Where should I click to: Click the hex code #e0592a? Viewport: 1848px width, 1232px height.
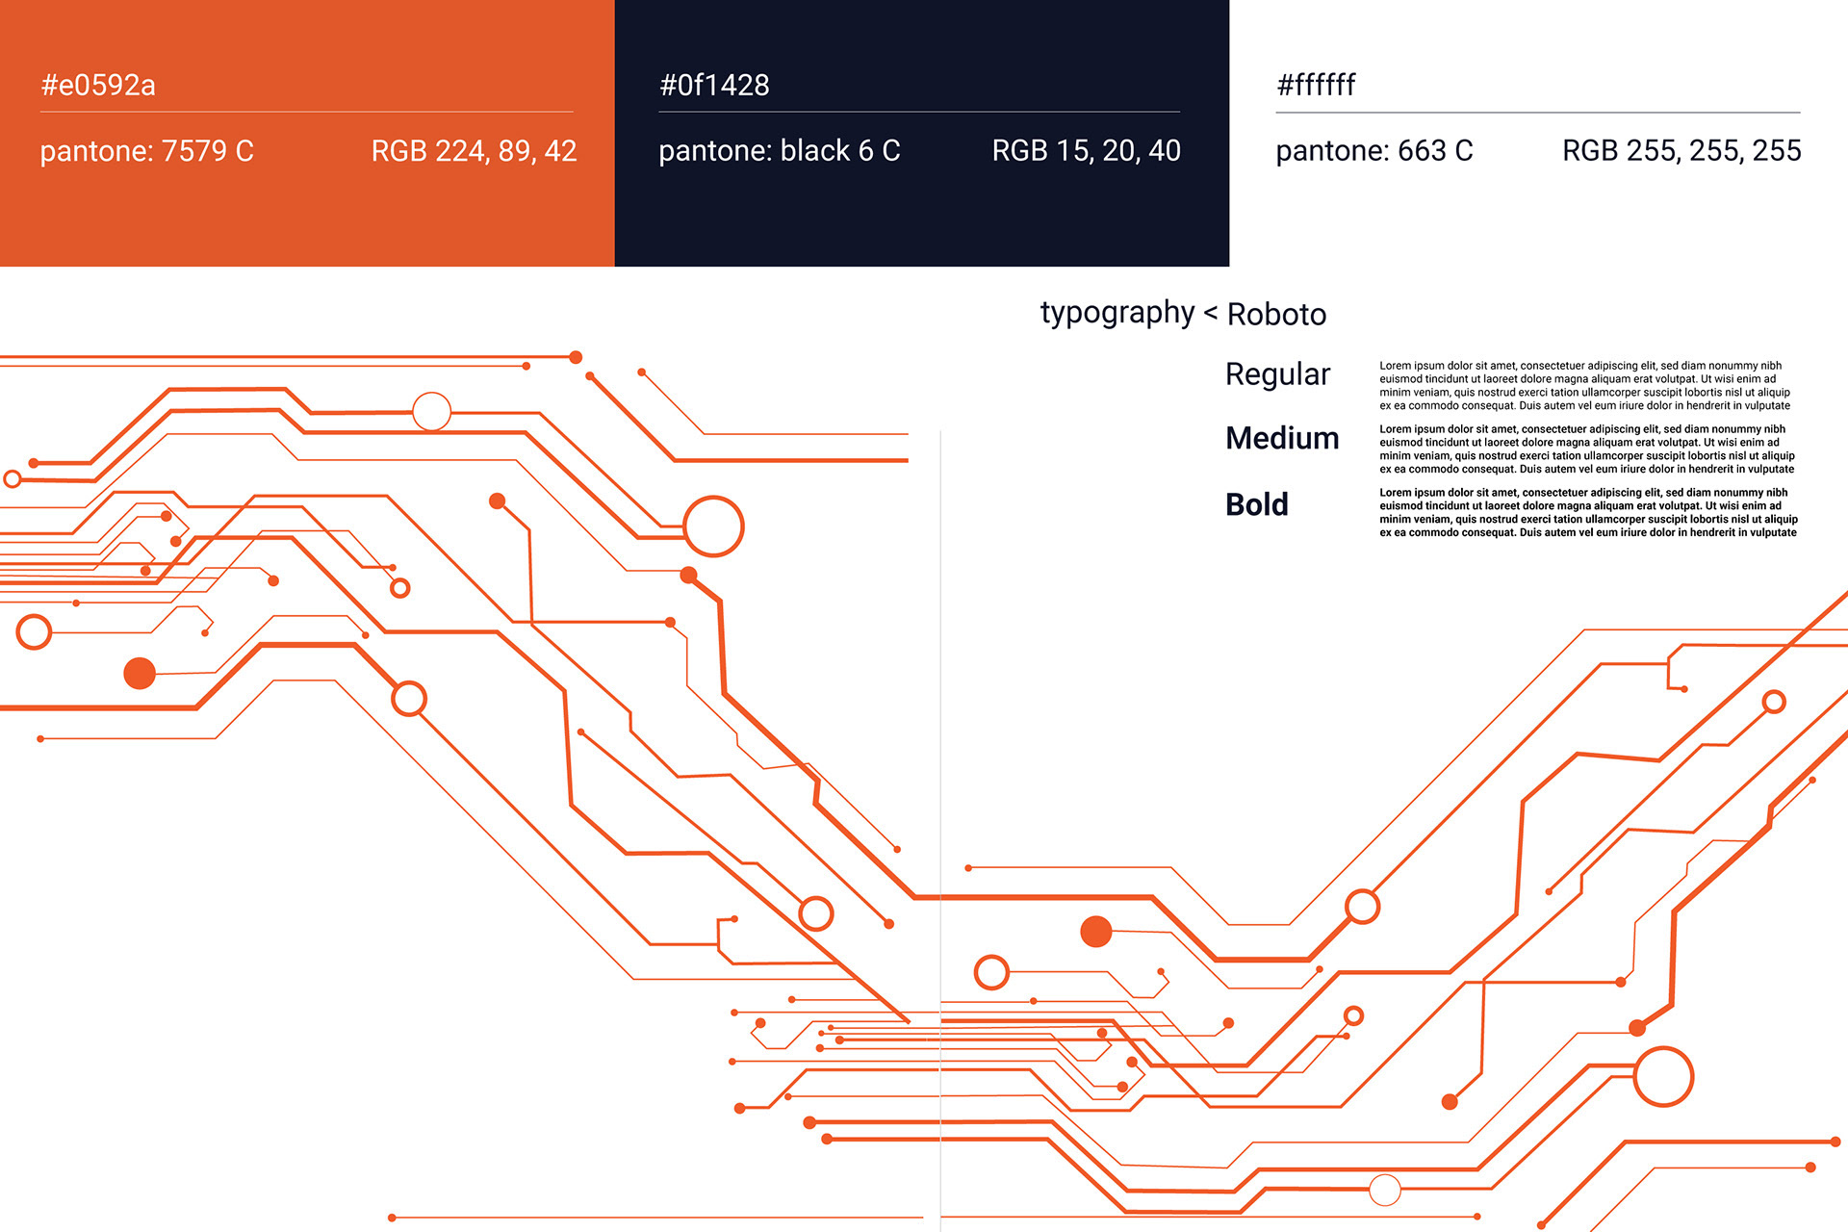98,86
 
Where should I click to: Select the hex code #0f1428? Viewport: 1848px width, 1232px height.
714,86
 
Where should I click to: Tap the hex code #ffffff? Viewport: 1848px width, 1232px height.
1316,86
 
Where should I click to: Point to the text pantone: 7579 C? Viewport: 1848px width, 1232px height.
146,151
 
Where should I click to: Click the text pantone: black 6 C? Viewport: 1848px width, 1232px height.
779,151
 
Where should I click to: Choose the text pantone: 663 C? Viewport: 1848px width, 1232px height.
1373,151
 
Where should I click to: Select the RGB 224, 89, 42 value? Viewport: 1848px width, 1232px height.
474,151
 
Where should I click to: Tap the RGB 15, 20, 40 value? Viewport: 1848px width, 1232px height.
1086,151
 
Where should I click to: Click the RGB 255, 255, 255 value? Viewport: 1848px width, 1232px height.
1681,151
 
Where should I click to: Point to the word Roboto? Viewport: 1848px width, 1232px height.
1276,315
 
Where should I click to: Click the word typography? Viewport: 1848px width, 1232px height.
1116,313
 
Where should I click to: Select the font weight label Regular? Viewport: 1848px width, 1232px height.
1277,374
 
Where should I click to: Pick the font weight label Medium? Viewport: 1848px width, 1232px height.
1282,439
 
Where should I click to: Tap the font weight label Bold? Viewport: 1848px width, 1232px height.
1256,504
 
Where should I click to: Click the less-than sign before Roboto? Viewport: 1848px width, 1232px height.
1211,314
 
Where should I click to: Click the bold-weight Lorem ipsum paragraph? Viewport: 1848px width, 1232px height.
1587,512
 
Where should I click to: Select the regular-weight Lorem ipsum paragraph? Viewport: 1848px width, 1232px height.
1584,385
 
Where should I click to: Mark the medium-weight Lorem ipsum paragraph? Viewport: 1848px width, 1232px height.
1586,449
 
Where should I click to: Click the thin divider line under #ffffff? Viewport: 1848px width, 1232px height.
1537,113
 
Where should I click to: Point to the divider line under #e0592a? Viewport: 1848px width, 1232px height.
306,112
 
